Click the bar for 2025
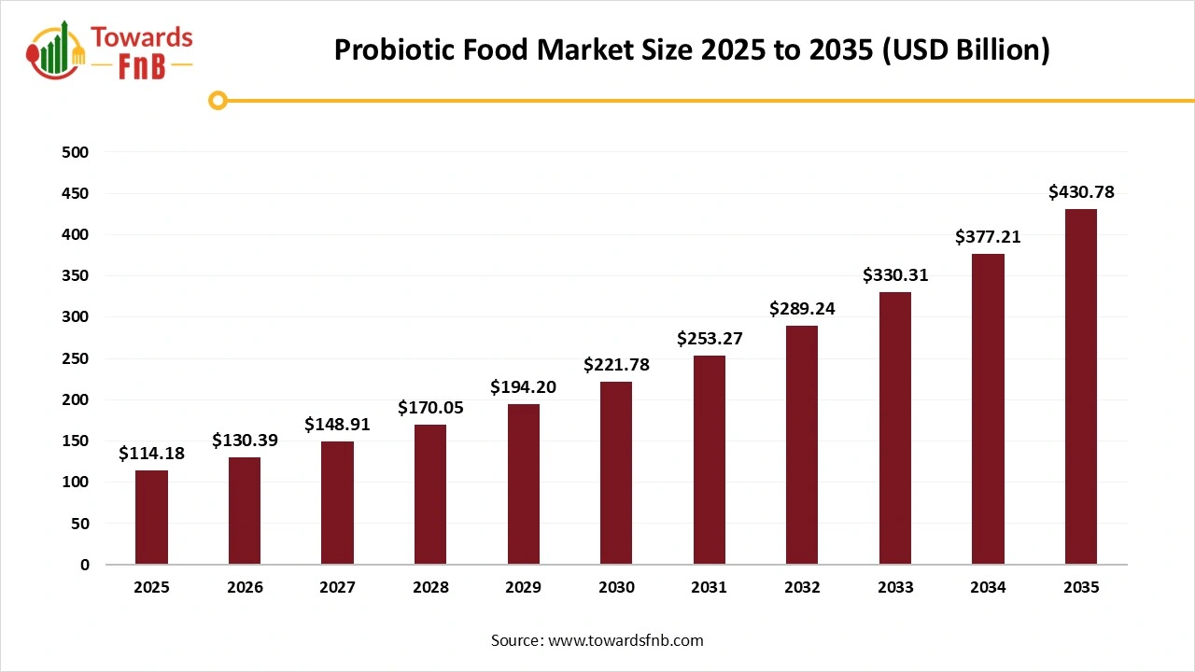tap(151, 517)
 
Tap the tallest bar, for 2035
tap(1081, 386)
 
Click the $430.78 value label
tap(1081, 193)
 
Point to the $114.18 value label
tap(151, 455)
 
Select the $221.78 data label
tap(616, 365)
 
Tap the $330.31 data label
tap(894, 275)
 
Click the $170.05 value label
tap(430, 408)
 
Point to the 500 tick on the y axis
tap(77, 152)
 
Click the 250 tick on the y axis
tap(77, 358)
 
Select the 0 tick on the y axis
tap(85, 565)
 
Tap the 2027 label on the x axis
tap(337, 588)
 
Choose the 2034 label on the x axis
tap(988, 588)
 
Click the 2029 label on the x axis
tap(523, 588)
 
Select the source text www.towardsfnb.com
tap(625, 640)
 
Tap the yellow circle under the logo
tap(218, 100)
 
